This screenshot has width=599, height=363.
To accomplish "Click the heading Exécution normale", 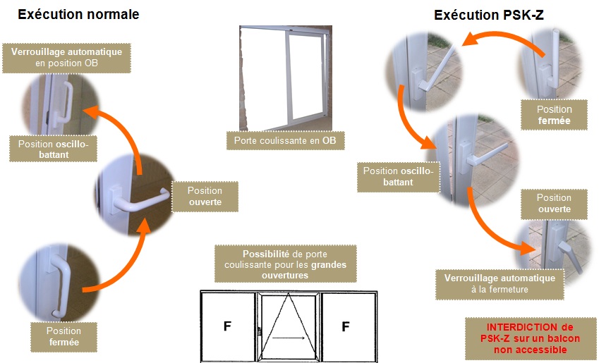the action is pyautogui.click(x=78, y=15).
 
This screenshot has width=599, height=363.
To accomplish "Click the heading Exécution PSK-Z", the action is pyautogui.click(x=489, y=15).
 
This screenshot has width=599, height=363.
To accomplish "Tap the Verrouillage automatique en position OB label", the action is pyautogui.click(x=66, y=58).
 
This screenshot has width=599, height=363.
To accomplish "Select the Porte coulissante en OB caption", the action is pyautogui.click(x=285, y=140).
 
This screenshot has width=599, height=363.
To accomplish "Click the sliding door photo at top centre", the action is pyautogui.click(x=286, y=78).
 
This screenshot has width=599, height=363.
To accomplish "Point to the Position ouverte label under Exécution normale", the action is pyautogui.click(x=205, y=196).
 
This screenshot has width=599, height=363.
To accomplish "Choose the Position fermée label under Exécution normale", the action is pyautogui.click(x=63, y=337).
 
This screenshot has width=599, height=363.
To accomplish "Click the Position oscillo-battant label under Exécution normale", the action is pyautogui.click(x=53, y=149).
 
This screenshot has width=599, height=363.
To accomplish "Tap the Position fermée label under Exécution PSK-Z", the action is pyautogui.click(x=554, y=115).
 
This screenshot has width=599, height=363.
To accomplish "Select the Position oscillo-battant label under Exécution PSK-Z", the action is pyautogui.click(x=398, y=176).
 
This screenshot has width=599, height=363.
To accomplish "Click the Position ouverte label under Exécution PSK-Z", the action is pyautogui.click(x=554, y=204).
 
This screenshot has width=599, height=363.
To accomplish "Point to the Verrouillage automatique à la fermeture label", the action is pyautogui.click(x=500, y=283).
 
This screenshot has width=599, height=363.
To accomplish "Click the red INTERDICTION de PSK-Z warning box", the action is pyautogui.click(x=531, y=338).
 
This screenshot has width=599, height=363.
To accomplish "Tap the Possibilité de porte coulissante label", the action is pyautogui.click(x=285, y=264).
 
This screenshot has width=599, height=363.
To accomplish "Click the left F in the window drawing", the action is pyautogui.click(x=227, y=326).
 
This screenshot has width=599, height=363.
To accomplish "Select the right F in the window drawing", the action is pyautogui.click(x=346, y=326).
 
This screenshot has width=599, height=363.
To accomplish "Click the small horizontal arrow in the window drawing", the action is pyautogui.click(x=289, y=338).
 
